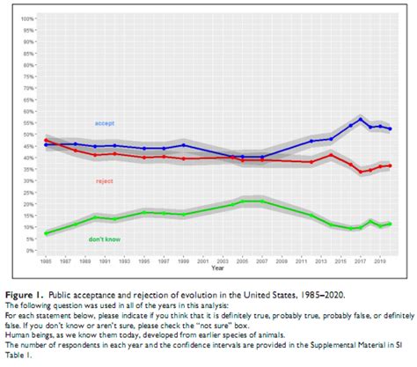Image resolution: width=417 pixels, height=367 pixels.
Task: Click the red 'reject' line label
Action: click(x=104, y=180)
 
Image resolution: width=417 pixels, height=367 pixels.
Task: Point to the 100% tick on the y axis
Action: click(x=27, y=18)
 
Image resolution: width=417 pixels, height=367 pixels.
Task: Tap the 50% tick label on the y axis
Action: click(x=28, y=134)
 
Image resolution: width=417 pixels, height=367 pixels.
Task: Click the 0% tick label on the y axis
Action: click(x=30, y=250)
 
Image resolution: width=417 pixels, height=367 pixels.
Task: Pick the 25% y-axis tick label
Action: click(x=28, y=192)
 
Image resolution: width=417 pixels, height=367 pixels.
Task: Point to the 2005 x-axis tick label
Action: click(x=243, y=261)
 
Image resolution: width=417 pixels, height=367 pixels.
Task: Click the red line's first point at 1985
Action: click(x=46, y=141)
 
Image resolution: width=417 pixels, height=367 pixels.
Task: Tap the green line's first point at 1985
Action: click(x=46, y=233)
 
